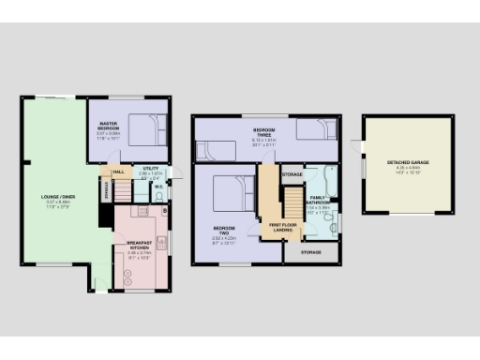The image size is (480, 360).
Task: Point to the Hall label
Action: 119,172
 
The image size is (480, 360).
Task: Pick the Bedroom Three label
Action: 263,132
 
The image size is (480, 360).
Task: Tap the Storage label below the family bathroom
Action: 310,252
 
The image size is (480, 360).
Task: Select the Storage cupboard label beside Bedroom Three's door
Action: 292,175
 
